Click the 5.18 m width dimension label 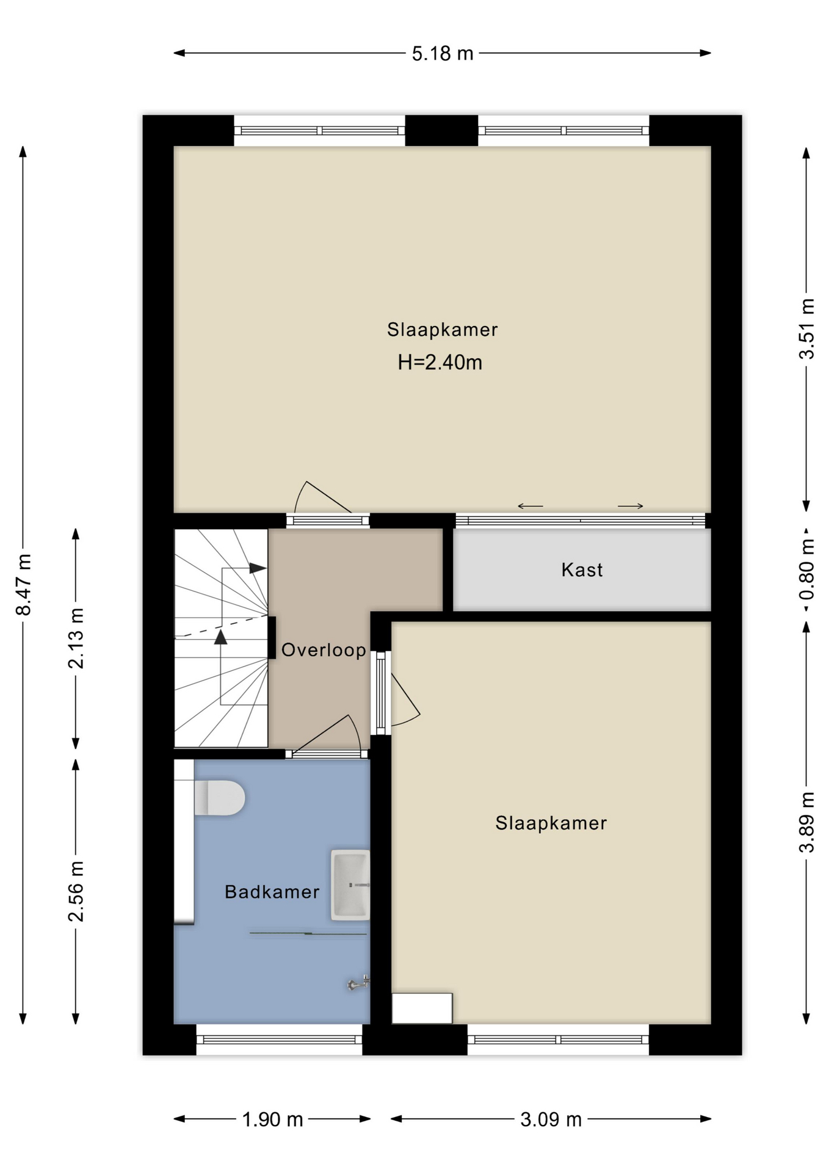(x=443, y=54)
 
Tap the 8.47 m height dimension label (x=24, y=585)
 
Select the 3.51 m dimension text (x=807, y=329)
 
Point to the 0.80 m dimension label (x=807, y=570)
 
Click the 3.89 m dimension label (x=807, y=822)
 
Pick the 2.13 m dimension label (x=76, y=638)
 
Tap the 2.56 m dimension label (x=76, y=891)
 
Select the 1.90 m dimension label (x=272, y=1120)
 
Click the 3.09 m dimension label (x=551, y=1120)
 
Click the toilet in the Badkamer (x=220, y=797)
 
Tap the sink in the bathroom (x=350, y=884)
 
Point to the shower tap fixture (x=359, y=982)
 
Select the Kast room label (x=582, y=570)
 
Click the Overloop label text (x=324, y=650)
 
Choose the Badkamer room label (x=272, y=892)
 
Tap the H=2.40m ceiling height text (x=440, y=363)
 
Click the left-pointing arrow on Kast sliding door (x=530, y=506)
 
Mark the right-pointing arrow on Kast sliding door (x=631, y=506)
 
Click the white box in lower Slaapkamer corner (x=422, y=1008)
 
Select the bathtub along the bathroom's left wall (x=184, y=842)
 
